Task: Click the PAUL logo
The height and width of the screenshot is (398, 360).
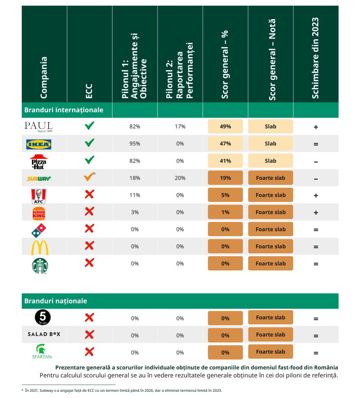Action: (39, 126)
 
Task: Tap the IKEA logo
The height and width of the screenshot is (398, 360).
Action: (39, 144)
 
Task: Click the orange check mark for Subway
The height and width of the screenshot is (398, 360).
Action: (89, 178)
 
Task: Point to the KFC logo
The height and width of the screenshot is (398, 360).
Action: (39, 196)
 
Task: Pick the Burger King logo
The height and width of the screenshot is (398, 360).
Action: (39, 213)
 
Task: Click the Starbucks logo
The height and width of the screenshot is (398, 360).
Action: (40, 266)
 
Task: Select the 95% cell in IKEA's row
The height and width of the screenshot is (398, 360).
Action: (135, 144)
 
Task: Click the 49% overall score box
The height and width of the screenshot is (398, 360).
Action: (225, 126)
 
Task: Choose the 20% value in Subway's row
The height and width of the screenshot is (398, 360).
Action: (180, 178)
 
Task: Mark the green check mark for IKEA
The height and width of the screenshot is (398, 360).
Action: (90, 143)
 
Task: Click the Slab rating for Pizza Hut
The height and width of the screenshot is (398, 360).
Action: (270, 161)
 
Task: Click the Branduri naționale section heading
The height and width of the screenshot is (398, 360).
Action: (56, 301)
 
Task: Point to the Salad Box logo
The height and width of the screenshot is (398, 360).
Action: (44, 334)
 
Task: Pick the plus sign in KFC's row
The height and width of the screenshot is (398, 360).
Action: (316, 195)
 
